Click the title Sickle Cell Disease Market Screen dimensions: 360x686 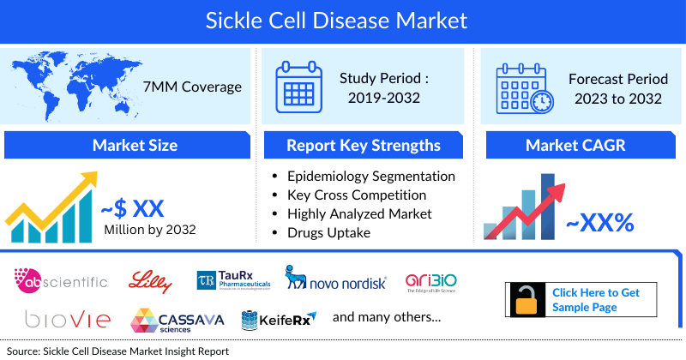[343, 19]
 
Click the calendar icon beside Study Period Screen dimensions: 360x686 [302, 87]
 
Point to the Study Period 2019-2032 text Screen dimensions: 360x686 [383, 87]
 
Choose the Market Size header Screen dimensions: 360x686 [135, 145]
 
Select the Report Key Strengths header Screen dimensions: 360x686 [364, 145]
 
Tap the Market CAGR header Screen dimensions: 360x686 [575, 145]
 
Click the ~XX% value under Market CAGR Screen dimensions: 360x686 [599, 224]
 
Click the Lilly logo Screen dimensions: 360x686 [151, 280]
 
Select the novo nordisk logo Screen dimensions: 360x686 [335, 280]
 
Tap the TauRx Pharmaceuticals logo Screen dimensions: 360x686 [232, 279]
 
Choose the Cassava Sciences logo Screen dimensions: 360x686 [178, 321]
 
